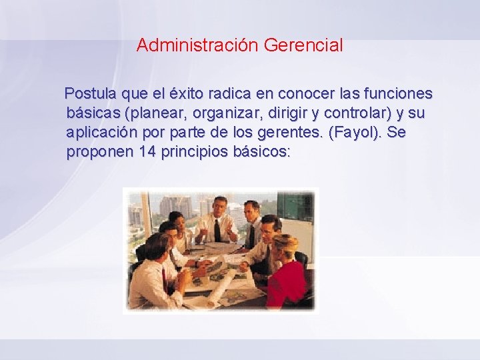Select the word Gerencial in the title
click(303, 45)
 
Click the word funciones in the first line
click(399, 93)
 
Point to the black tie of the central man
click(217, 230)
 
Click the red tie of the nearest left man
click(165, 279)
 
